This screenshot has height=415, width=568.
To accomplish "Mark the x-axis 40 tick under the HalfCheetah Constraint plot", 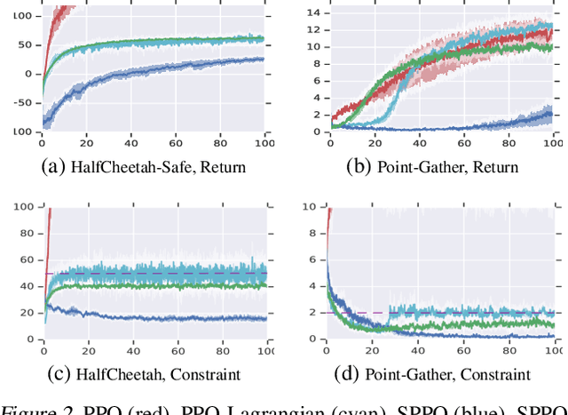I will click(130, 344).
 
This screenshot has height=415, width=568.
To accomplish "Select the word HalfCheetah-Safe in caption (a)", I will click(114, 166).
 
